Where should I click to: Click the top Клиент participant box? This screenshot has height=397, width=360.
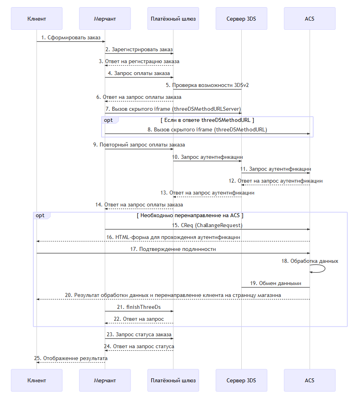point(37,19)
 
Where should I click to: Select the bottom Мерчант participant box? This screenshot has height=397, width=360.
point(105,380)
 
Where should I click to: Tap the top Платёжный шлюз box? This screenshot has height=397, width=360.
point(173,19)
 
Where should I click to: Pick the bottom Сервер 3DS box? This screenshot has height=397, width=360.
point(241,380)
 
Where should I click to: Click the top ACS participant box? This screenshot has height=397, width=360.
point(310,19)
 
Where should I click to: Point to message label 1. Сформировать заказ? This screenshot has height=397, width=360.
point(71,38)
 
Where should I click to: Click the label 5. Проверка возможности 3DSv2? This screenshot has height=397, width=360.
point(207,85)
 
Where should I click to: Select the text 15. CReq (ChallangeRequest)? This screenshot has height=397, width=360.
point(207,225)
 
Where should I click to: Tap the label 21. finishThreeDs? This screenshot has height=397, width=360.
point(139,307)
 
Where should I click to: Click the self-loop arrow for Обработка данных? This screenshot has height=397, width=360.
point(325,269)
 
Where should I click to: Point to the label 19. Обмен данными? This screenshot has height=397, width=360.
point(276,283)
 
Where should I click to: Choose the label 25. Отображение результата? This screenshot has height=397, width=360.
point(71,358)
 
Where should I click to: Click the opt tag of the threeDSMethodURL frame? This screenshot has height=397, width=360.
point(108,120)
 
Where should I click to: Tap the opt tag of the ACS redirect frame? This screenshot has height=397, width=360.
point(40,216)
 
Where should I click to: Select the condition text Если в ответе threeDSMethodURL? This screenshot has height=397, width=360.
point(207,120)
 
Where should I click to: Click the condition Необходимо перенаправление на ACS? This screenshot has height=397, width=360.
point(190,216)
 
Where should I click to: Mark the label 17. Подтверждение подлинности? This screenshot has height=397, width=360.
point(173,249)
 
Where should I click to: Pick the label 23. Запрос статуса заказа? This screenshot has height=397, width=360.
point(139,334)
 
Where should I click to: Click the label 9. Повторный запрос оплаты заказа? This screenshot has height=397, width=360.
point(139,145)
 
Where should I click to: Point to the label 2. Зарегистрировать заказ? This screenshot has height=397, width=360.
point(139,50)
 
